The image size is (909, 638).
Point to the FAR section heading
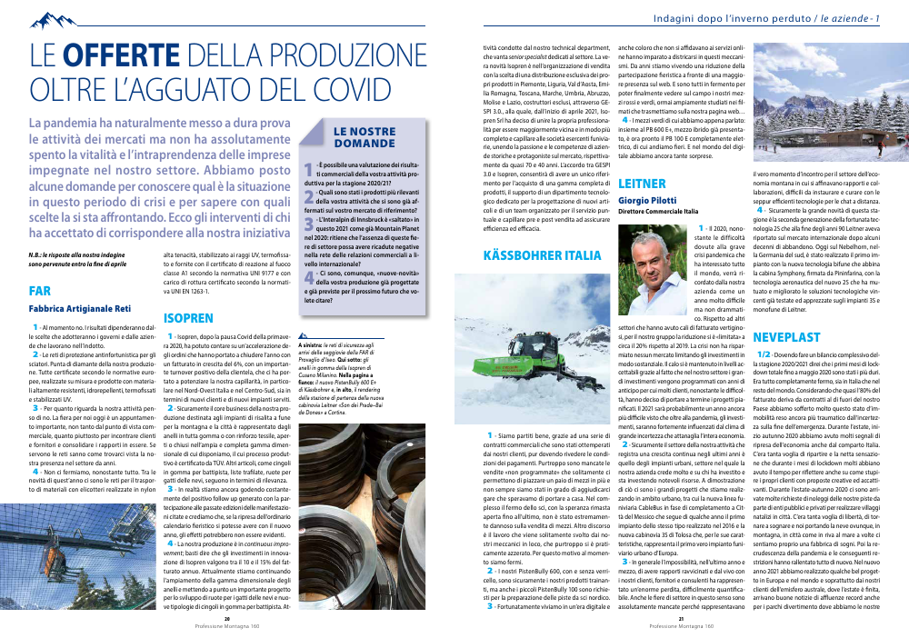[x=39, y=292]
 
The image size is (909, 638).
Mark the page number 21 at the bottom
[x=680, y=620]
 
